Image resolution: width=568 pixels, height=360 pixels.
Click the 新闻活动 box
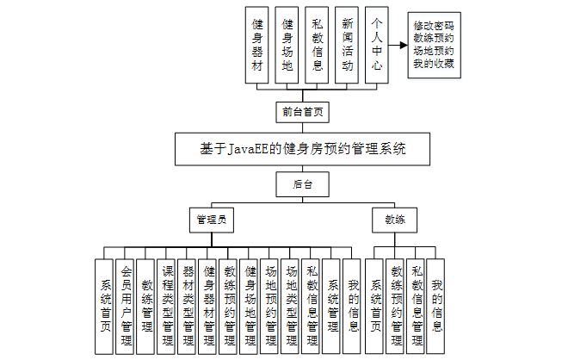347,47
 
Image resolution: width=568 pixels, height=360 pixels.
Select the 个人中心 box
375,47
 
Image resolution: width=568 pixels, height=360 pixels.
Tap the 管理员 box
212,220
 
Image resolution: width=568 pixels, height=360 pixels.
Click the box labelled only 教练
395,220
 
